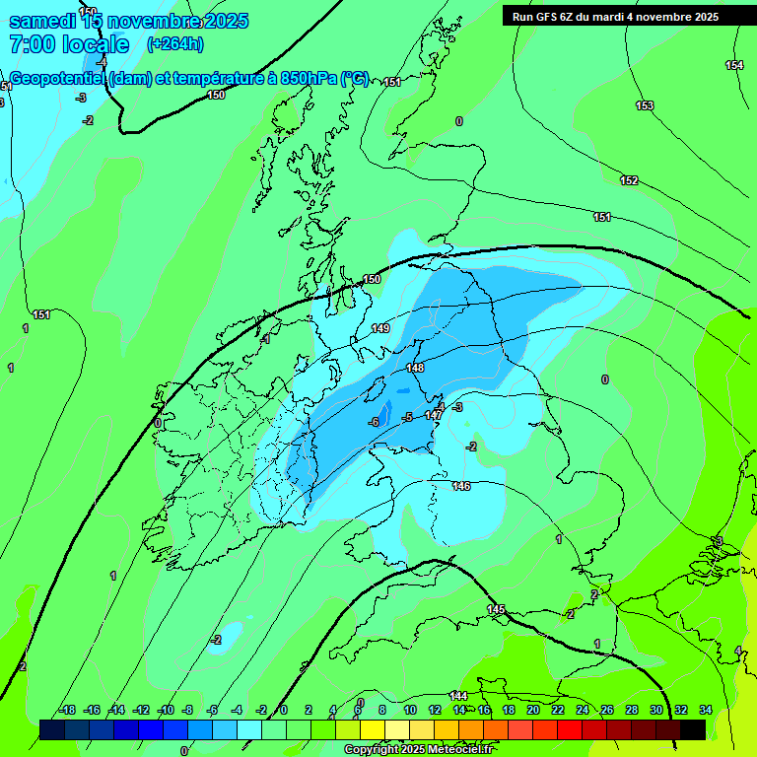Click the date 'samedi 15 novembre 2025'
(x=128, y=21)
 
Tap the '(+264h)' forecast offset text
(x=175, y=43)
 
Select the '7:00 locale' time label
(x=69, y=44)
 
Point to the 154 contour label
(x=734, y=65)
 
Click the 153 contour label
(x=645, y=105)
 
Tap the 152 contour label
(x=629, y=180)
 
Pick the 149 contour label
(x=380, y=328)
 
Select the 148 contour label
(x=415, y=368)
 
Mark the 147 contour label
(x=434, y=416)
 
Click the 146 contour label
(x=461, y=486)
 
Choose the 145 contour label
(x=496, y=610)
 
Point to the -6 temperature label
(x=374, y=422)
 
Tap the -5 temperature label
(x=407, y=417)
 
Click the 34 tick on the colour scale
(x=705, y=710)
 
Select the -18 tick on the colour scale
(x=68, y=710)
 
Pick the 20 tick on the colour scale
(x=533, y=710)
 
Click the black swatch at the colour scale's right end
(x=693, y=729)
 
